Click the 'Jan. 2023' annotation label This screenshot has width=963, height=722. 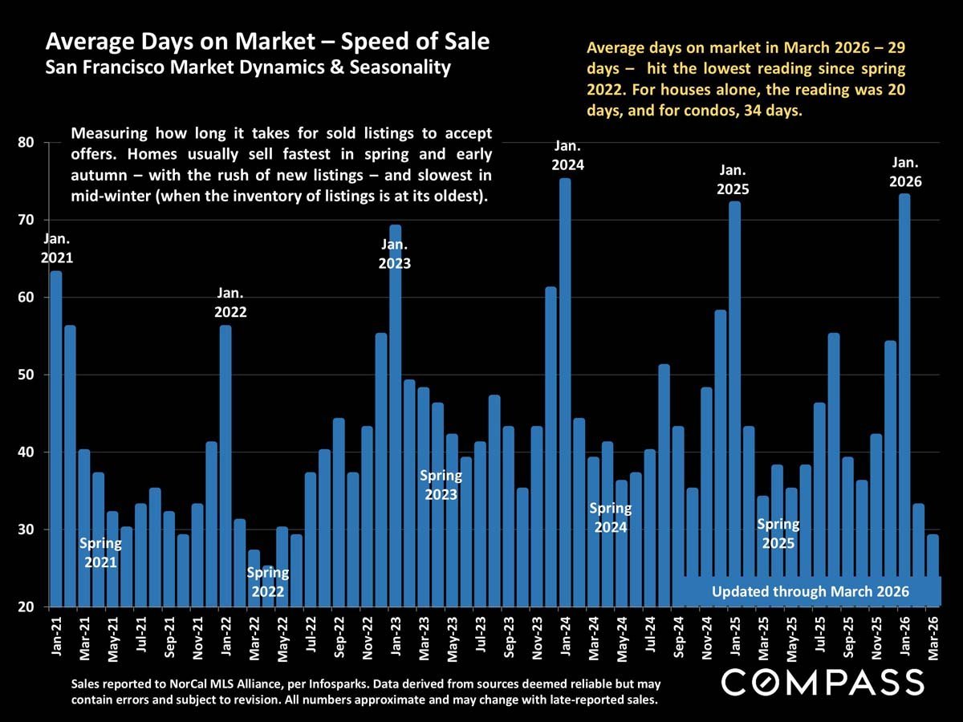click(395, 254)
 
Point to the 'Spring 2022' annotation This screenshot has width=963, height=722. click(268, 582)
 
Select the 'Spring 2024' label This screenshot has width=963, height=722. click(610, 517)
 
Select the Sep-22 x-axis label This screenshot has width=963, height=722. click(339, 637)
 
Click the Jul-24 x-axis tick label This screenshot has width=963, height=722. click(649, 637)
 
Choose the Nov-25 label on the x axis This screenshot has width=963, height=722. click(876, 637)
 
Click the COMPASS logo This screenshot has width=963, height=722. click(823, 682)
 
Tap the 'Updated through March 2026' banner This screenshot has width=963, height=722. click(811, 591)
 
